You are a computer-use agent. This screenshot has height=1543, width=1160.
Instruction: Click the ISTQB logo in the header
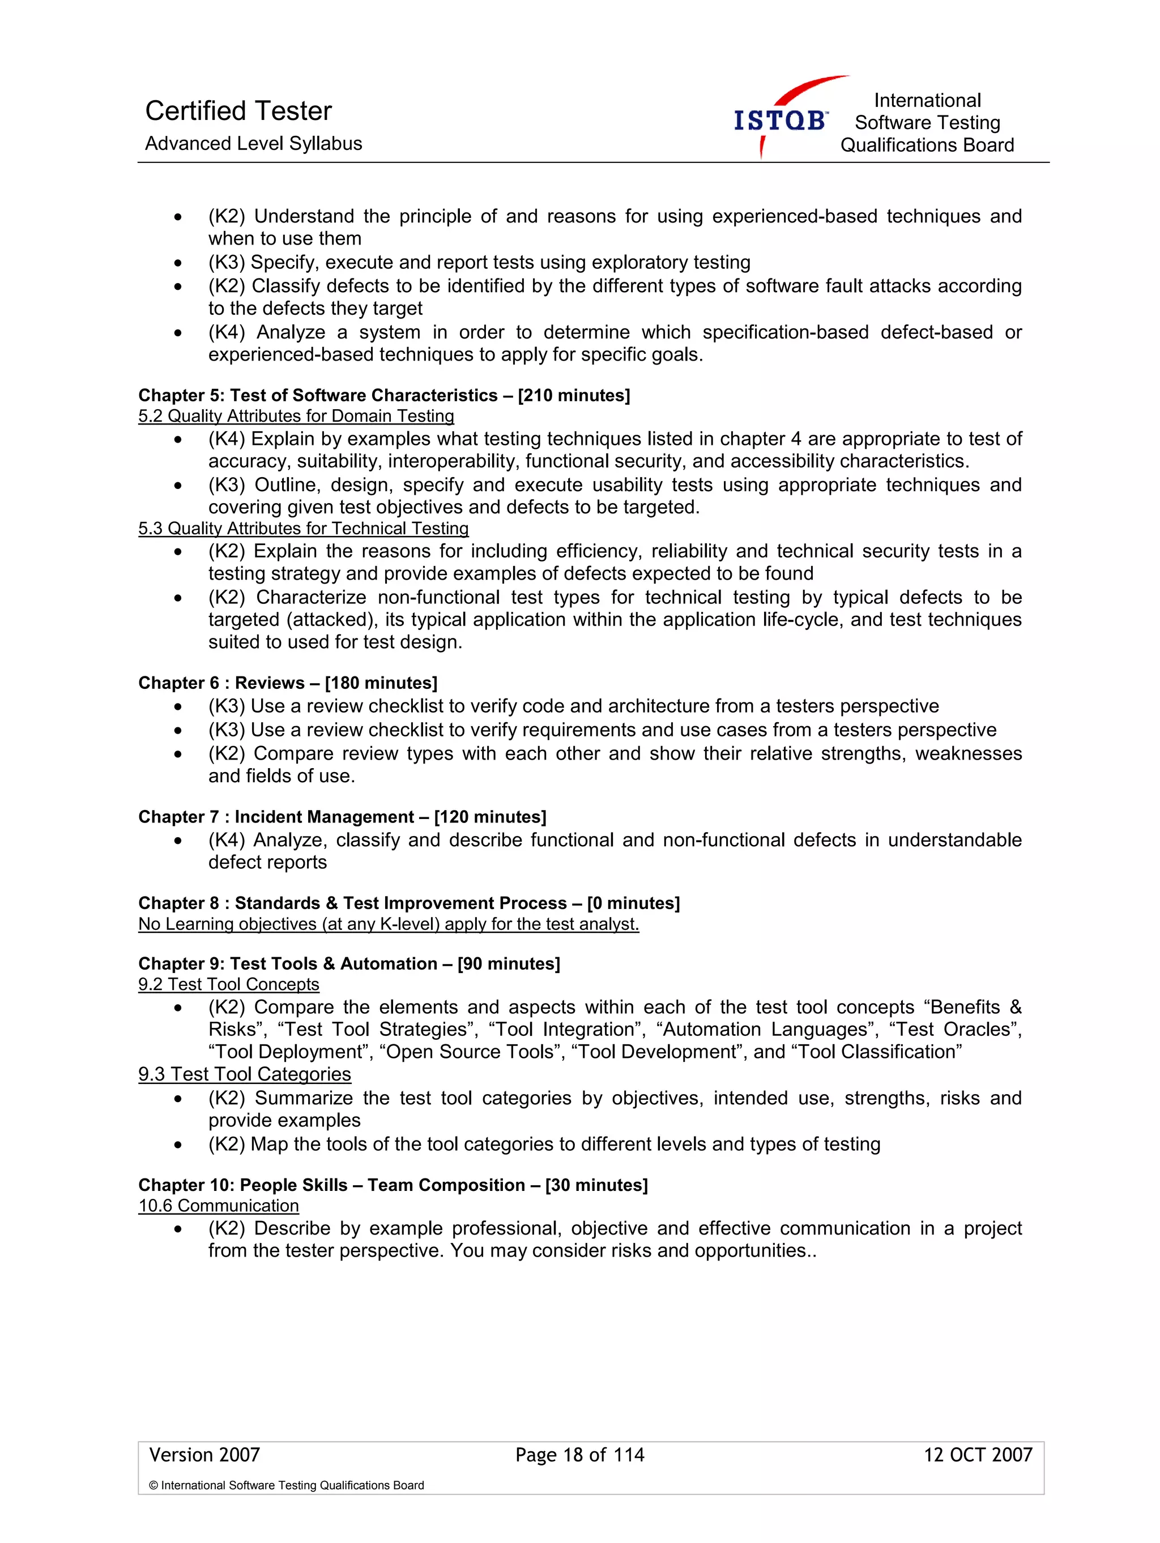(x=781, y=120)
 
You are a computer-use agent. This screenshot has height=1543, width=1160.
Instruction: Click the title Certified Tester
(x=238, y=111)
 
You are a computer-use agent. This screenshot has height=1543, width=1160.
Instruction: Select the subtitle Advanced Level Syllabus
(x=253, y=144)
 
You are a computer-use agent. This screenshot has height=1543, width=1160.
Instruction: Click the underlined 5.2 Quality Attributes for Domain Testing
(x=296, y=417)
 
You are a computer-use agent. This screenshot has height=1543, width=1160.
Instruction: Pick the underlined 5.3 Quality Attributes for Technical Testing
(x=303, y=529)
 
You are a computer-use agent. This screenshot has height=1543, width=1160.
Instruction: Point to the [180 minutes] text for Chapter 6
(x=381, y=683)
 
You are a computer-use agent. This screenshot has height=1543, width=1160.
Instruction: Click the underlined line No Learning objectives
(x=388, y=924)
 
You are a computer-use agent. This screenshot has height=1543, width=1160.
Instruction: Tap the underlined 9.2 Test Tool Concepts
(x=228, y=984)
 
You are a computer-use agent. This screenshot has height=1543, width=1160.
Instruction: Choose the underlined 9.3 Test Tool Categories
(x=244, y=1074)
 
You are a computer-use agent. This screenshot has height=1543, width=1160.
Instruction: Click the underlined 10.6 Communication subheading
(x=219, y=1206)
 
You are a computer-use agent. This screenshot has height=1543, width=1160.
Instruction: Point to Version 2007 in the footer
(x=204, y=1455)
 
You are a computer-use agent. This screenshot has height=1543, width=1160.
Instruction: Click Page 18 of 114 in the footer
(x=579, y=1455)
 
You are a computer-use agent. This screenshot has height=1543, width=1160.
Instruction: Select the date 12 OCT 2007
(x=977, y=1455)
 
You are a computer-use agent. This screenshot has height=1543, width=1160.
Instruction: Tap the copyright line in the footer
(x=286, y=1486)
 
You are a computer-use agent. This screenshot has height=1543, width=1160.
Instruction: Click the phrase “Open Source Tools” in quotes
(x=472, y=1052)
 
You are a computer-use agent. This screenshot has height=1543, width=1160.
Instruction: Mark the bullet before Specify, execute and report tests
(x=178, y=263)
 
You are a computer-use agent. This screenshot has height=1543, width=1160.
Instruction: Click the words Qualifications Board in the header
(x=927, y=145)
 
